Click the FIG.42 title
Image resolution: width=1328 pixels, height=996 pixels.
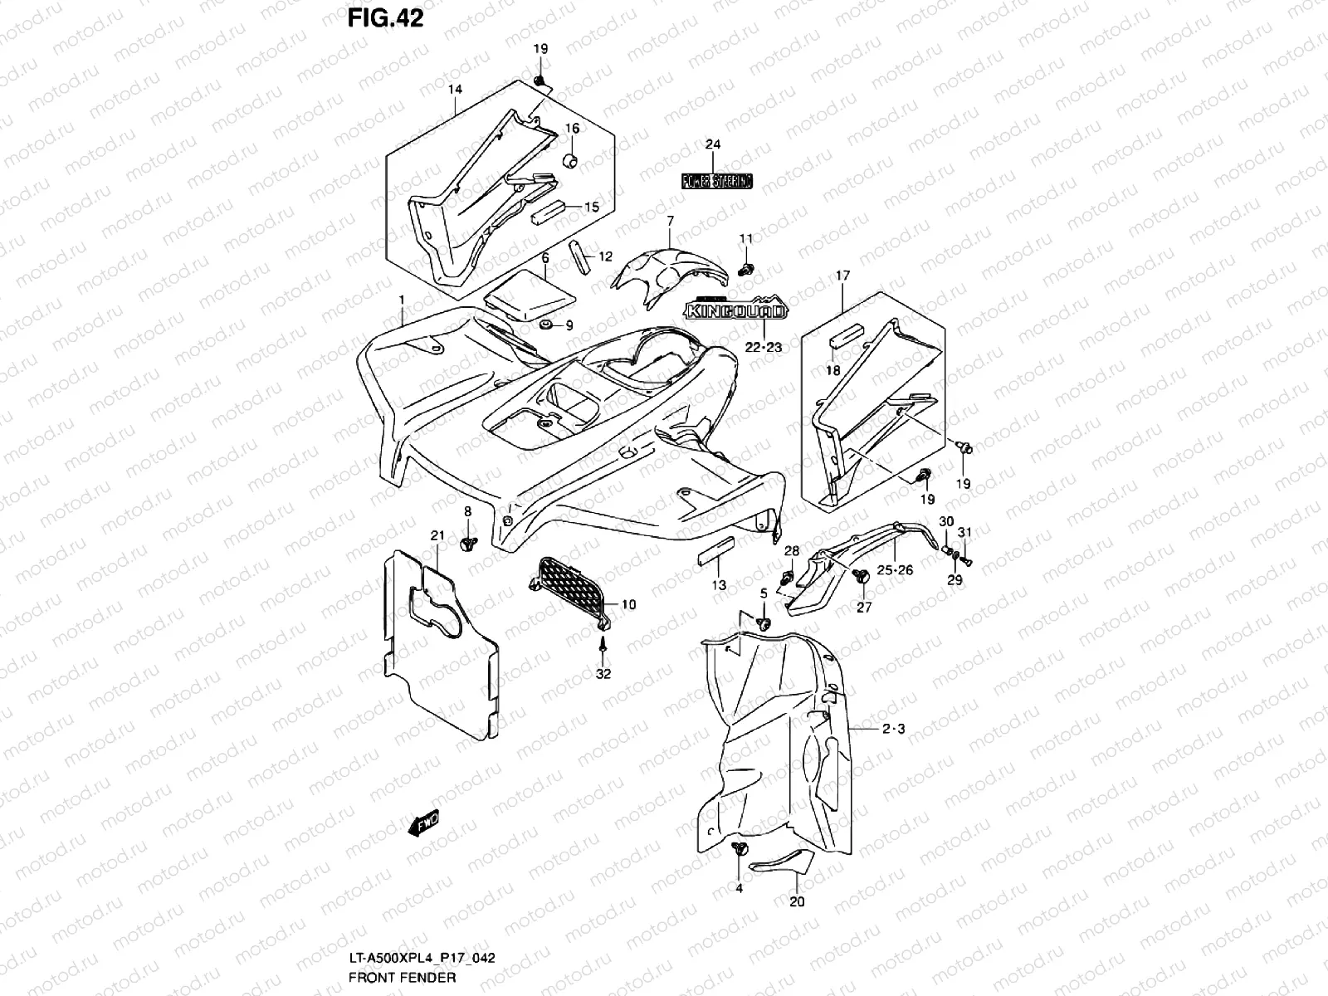pyautogui.click(x=384, y=18)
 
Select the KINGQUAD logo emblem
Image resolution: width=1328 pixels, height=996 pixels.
pyautogui.click(x=734, y=311)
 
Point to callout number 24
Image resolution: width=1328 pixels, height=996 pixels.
pyautogui.click(x=713, y=144)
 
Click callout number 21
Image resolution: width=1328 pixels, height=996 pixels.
pyautogui.click(x=437, y=535)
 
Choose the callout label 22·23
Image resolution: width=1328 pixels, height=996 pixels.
pyautogui.click(x=763, y=348)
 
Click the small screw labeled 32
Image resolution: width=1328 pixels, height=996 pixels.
pyautogui.click(x=603, y=644)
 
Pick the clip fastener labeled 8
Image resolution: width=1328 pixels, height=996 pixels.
pyautogui.click(x=467, y=544)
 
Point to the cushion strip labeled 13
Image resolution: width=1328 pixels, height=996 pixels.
pyautogui.click(x=716, y=550)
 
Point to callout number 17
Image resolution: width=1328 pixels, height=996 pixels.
pyautogui.click(x=843, y=274)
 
